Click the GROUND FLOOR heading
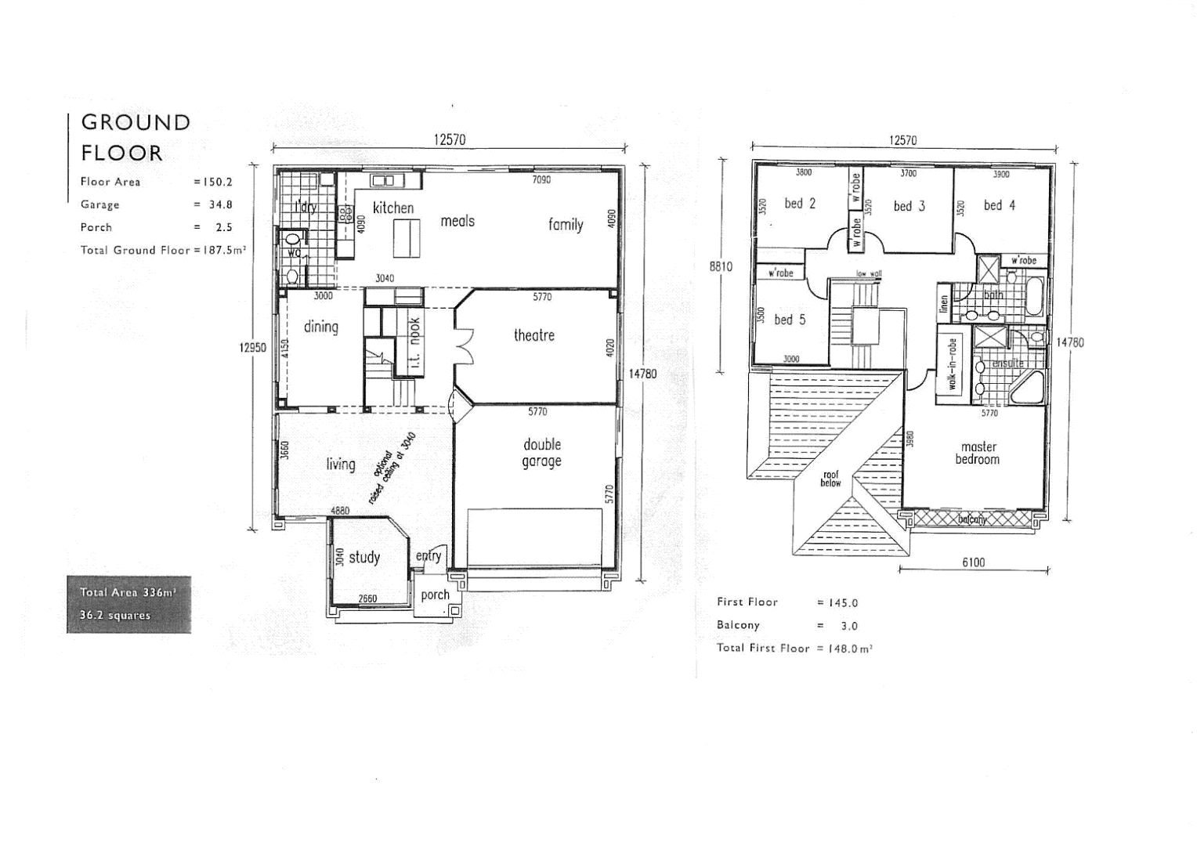pos(136,137)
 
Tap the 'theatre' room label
pos(533,335)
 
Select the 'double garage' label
pos(542,453)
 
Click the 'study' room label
pos(364,557)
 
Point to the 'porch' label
pos(435,595)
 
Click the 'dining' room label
pos(321,327)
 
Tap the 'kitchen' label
pos(393,208)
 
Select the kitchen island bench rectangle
pos(407,238)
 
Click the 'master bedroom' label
pos(978,453)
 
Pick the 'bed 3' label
pos(909,206)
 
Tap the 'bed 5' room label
pos(789,320)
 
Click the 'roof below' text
pos(830,479)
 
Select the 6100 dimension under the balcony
pos(973,562)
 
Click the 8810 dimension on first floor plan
pos(721,266)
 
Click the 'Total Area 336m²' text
pos(128,593)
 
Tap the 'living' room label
pos(341,465)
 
